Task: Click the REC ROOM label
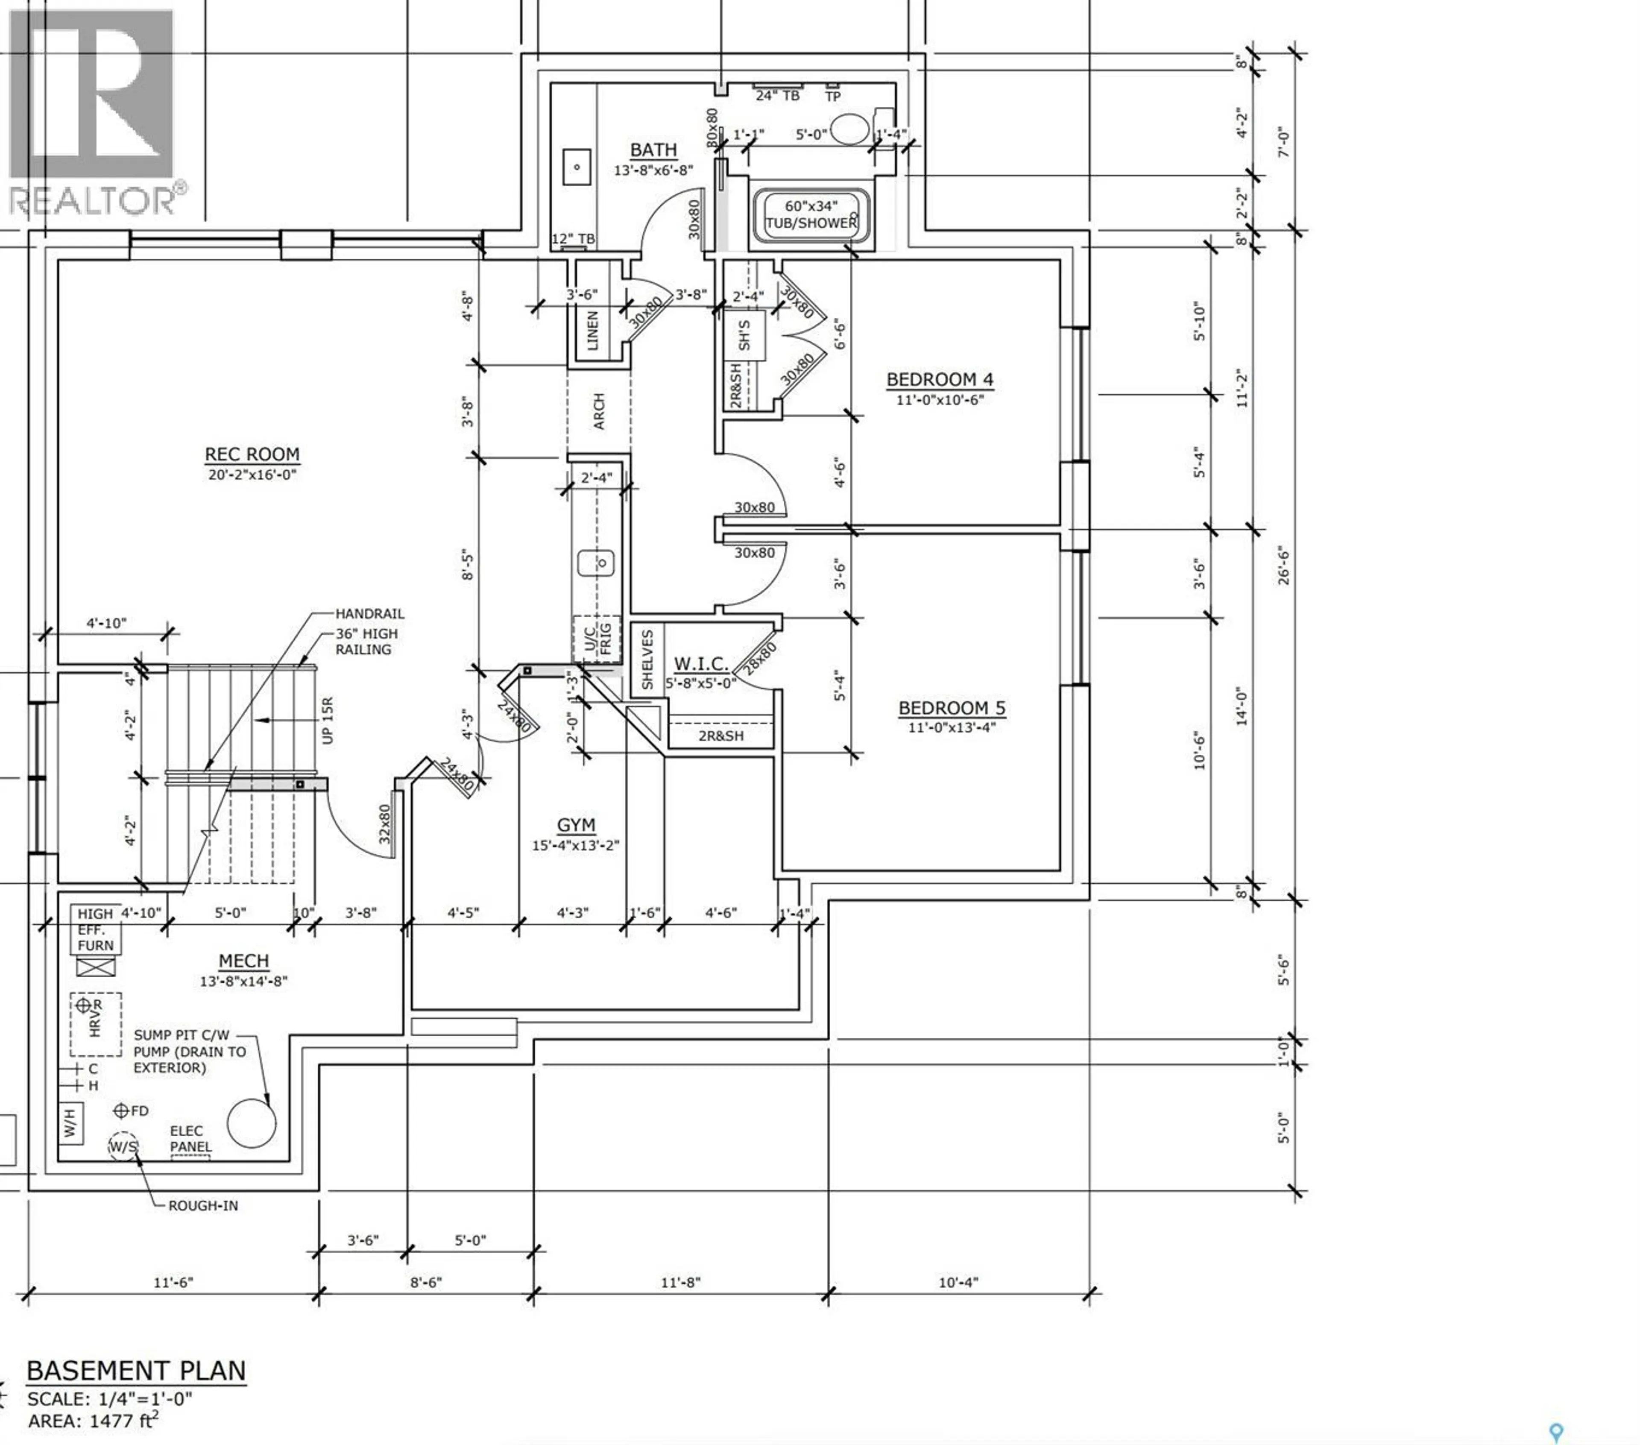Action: pos(252,454)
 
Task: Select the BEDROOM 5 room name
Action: pos(952,708)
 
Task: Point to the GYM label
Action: pos(576,825)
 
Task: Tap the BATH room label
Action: pos(653,150)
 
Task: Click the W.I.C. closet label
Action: pos(700,663)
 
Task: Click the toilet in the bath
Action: pos(850,129)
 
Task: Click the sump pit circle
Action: pos(251,1123)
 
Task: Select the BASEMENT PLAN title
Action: pos(136,1370)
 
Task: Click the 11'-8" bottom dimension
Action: pos(680,1282)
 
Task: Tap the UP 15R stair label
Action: pos(327,720)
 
